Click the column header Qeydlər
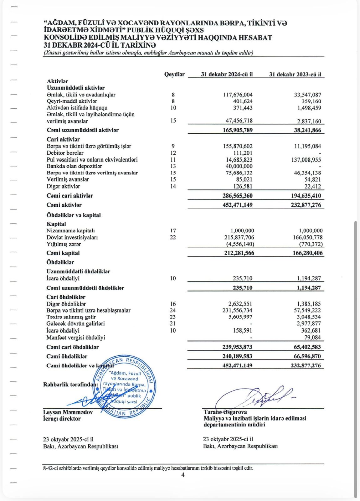pyautogui.click(x=174, y=74)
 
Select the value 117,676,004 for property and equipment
pyautogui.click(x=238, y=95)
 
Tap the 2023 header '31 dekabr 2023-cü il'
pyautogui.click(x=295, y=75)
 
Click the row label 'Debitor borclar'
pyautogui.click(x=65, y=153)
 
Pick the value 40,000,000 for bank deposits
pyautogui.click(x=239, y=166)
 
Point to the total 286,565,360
pyautogui.click(x=237, y=196)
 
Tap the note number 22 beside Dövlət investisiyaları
pyautogui.click(x=173, y=237)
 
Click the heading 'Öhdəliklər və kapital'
pyautogui.click(x=74, y=215)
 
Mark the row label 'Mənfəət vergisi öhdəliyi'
pyautogui.click(x=76, y=338)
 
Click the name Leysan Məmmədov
pyautogui.click(x=68, y=412)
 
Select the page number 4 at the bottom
pyautogui.click(x=183, y=475)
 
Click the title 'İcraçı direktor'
pyautogui.click(x=62, y=419)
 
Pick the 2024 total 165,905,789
pyautogui.click(x=238, y=130)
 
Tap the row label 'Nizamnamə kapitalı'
pyautogui.click(x=71, y=231)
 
